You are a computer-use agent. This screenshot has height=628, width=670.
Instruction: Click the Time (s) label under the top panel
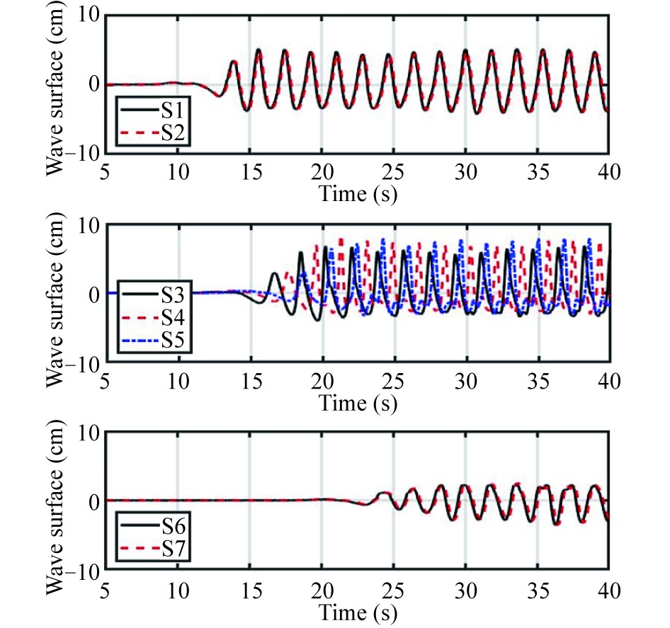357,195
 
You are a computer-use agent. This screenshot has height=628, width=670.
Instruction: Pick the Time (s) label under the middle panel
357,404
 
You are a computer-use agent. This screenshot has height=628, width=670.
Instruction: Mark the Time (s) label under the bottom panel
357,611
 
